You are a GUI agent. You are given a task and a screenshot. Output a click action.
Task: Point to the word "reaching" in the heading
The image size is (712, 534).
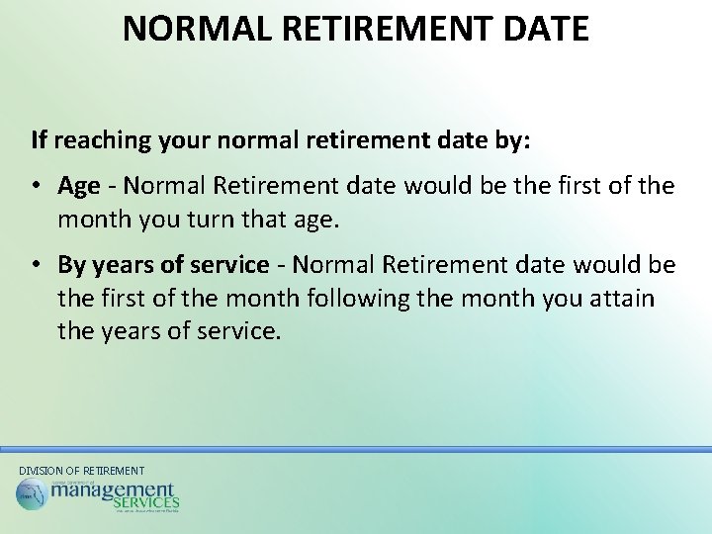click(98, 140)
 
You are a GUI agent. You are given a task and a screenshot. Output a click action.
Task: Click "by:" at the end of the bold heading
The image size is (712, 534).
click(511, 140)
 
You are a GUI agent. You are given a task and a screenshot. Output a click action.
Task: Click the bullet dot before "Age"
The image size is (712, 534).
click(37, 186)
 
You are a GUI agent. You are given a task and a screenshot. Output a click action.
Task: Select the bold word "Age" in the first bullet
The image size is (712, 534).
click(79, 186)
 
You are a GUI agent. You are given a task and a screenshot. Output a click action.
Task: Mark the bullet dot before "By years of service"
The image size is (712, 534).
click(37, 265)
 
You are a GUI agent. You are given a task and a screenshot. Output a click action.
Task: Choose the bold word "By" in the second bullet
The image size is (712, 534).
click(72, 265)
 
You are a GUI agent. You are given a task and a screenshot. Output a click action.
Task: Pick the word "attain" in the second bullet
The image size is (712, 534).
click(622, 298)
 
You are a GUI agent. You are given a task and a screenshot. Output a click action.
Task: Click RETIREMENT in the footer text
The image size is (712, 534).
click(113, 471)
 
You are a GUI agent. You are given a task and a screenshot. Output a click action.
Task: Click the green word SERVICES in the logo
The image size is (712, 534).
click(146, 504)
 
